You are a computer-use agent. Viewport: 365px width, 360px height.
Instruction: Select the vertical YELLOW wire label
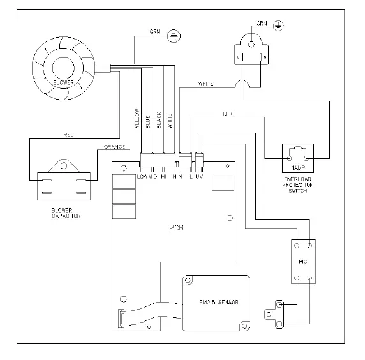(136, 119)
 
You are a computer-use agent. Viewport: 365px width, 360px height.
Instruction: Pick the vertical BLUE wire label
(148, 122)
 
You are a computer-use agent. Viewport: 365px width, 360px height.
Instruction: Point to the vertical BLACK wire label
(159, 121)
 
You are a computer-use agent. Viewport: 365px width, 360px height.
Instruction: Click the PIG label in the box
(304, 260)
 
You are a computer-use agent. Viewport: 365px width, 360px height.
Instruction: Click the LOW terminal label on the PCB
(142, 176)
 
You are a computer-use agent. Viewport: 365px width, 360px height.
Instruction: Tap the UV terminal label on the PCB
(199, 176)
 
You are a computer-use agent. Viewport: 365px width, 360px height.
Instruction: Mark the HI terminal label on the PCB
(164, 176)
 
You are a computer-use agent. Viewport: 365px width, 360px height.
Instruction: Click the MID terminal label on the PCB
(153, 176)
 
